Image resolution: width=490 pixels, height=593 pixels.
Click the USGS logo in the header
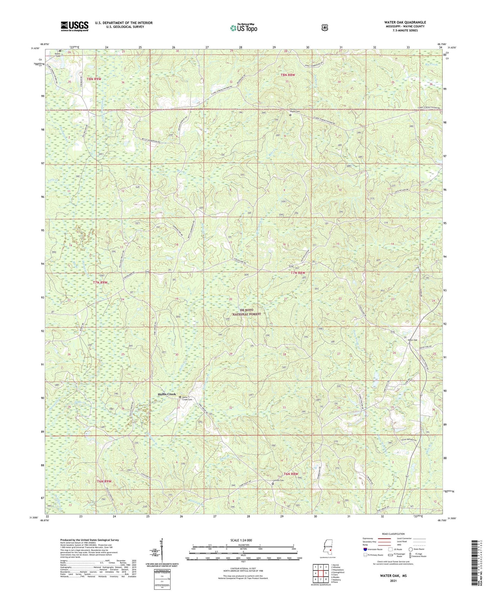74,26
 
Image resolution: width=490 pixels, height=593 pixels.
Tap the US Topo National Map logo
243,28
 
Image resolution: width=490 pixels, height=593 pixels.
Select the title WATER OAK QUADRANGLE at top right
405,22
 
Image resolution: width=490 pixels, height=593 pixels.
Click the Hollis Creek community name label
167,394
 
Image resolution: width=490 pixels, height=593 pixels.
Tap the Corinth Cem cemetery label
278,480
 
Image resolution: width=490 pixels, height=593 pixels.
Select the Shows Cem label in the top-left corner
58,55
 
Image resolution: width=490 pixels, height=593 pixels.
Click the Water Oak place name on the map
412,340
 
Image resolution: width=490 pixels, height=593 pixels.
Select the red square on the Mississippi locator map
330,550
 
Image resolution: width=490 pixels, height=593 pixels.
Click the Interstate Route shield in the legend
365,549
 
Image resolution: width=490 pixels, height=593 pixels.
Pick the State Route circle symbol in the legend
410,549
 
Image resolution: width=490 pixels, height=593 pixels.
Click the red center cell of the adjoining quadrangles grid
321,573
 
